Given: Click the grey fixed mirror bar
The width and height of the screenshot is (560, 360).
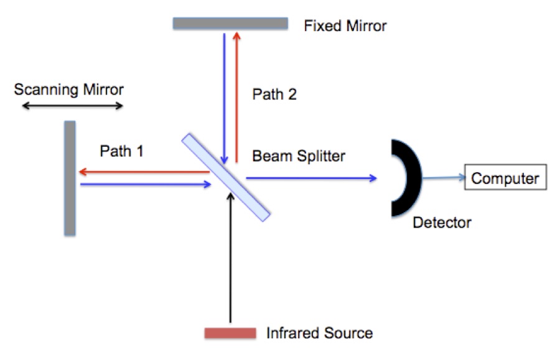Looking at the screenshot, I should click(230, 24).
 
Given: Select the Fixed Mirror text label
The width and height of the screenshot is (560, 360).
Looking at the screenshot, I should click(345, 26).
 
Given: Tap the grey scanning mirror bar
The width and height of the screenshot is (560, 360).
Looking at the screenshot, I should click(70, 178).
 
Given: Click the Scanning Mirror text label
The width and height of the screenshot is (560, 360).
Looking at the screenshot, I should click(69, 90).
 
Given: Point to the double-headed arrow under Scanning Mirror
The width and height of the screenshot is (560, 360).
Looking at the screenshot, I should click(73, 106).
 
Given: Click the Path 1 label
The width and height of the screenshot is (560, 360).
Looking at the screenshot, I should click(122, 151).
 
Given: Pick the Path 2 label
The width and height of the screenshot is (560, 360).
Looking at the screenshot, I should click(274, 95).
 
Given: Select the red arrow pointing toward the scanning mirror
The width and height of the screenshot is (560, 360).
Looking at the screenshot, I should click(143, 172).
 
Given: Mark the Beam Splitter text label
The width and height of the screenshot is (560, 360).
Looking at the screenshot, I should click(298, 156).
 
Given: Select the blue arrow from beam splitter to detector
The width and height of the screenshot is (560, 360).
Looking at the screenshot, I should click(311, 178).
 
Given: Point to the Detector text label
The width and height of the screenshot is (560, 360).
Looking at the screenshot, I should click(442, 222).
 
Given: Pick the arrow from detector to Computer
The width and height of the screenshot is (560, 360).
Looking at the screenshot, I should click(443, 178).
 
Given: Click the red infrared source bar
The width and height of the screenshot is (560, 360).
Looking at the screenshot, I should click(230, 333).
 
